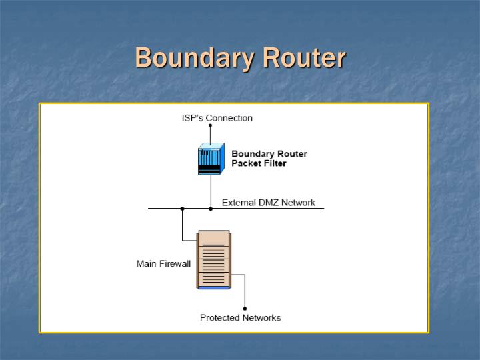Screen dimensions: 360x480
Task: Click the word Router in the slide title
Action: coord(304,58)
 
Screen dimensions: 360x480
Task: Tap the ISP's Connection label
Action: coord(217,118)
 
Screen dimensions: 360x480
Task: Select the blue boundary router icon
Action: coord(209,159)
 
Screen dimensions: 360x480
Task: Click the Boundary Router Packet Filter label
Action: coord(269,159)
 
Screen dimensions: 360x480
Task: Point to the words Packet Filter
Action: coord(259,163)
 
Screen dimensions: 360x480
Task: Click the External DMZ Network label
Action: coord(268,203)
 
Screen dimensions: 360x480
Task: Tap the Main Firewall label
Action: coord(163,263)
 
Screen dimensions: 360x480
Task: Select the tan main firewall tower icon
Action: coord(213,259)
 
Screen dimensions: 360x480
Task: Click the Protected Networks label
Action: coord(241,317)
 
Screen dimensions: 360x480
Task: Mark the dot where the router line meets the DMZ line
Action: coord(211,209)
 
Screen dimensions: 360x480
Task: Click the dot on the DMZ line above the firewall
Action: coord(182,209)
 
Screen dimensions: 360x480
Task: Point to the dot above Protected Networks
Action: coord(245,309)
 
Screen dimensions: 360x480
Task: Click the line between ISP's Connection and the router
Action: coord(210,133)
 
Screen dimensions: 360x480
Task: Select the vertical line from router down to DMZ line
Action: coord(211,192)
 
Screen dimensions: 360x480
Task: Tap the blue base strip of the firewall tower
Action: coord(213,287)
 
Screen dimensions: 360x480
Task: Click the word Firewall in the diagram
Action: coord(175,263)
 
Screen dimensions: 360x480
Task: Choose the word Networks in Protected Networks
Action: coord(262,317)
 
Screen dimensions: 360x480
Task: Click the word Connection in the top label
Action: coord(229,118)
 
